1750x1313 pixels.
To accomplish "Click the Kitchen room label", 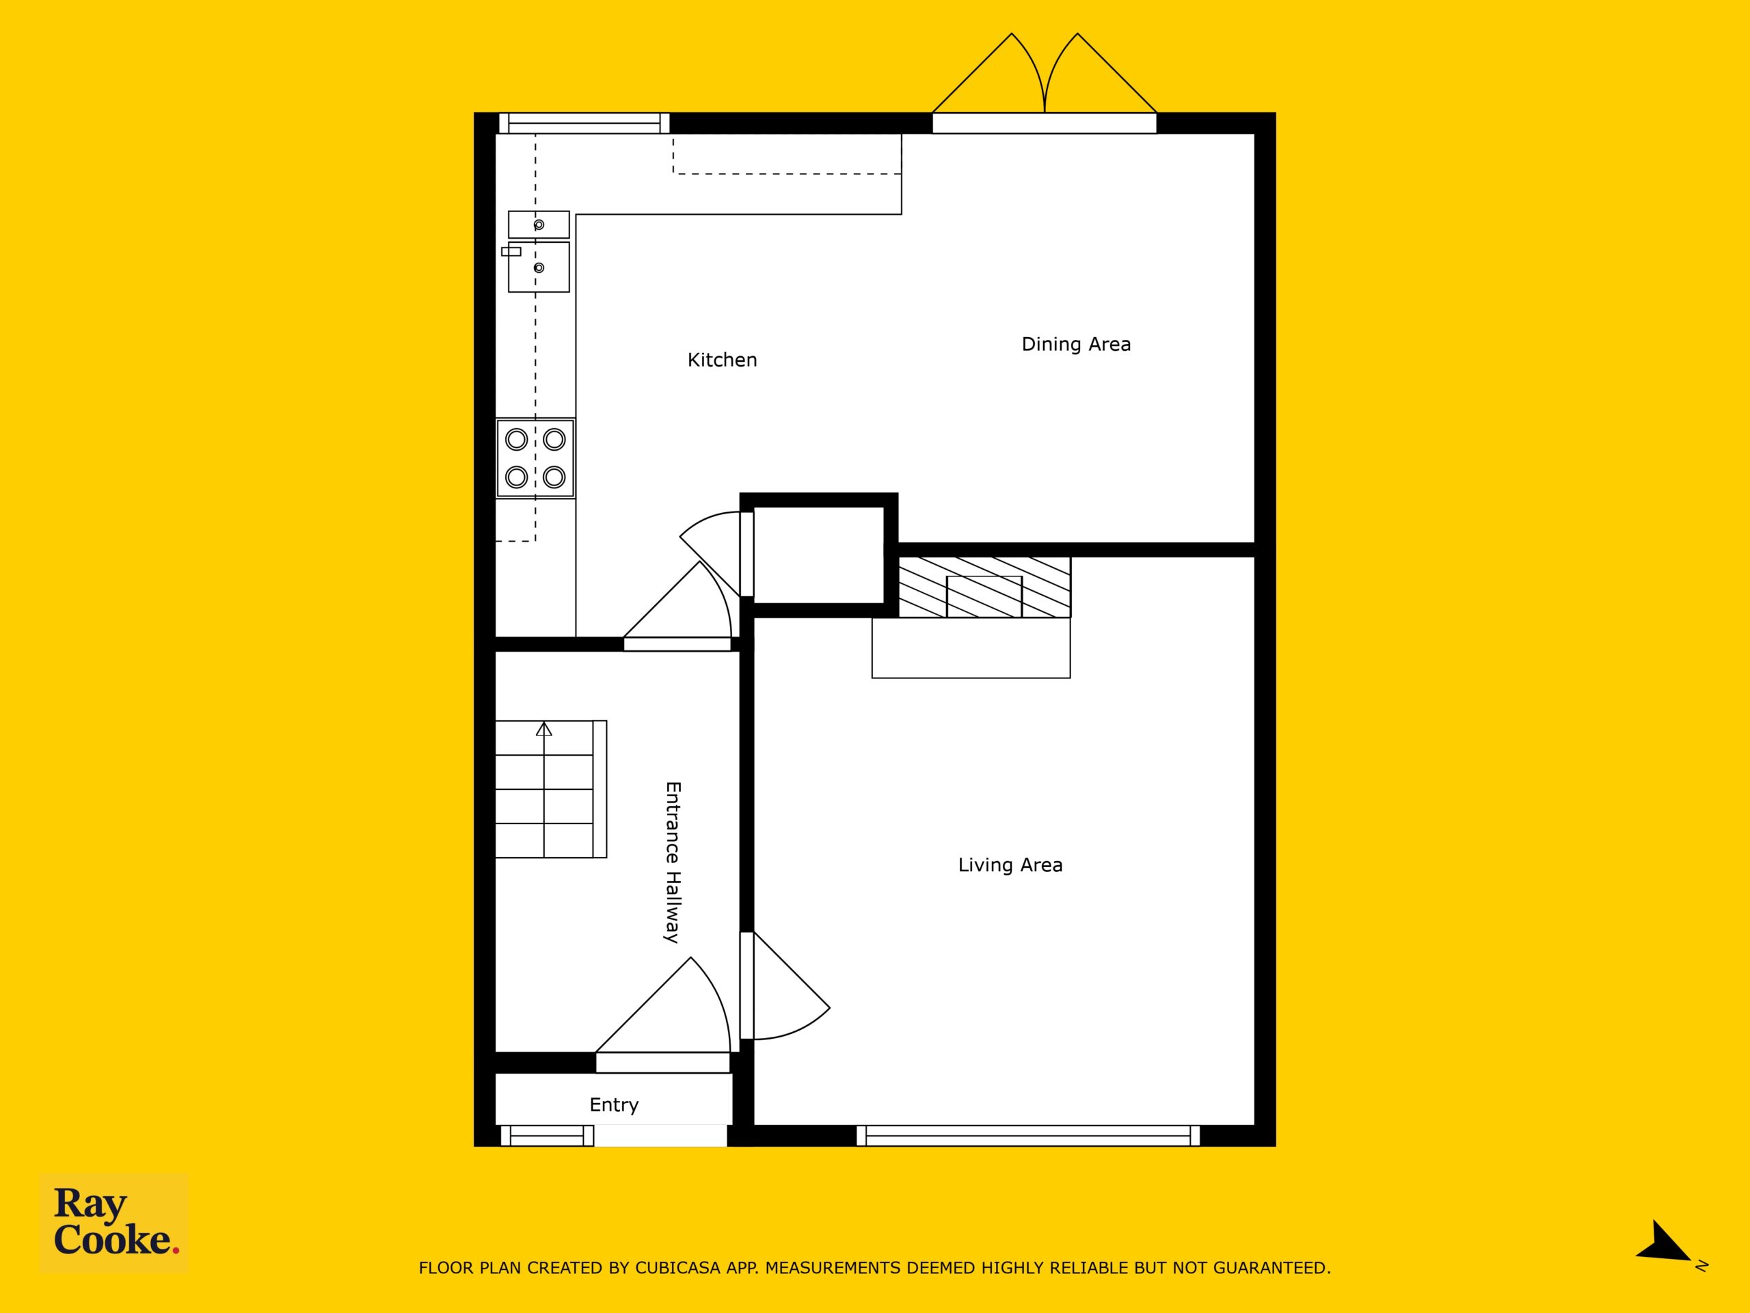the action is (x=721, y=360).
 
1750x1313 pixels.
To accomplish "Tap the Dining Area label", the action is (x=1076, y=344).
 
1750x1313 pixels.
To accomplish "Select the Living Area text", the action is (x=1010, y=865).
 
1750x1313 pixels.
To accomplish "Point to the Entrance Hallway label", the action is (x=673, y=862).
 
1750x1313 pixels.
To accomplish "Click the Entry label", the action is (x=614, y=1106).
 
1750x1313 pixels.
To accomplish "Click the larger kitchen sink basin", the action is (x=539, y=267).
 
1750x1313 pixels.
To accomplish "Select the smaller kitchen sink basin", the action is (x=539, y=225).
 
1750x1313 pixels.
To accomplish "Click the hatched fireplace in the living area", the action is (x=985, y=587).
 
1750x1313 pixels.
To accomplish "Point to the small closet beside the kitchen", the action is (x=818, y=555).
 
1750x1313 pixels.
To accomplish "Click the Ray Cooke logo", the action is (x=115, y=1222).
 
